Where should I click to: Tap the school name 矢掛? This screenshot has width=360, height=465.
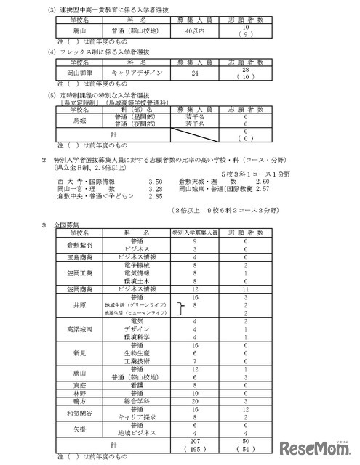tap(75, 429)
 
